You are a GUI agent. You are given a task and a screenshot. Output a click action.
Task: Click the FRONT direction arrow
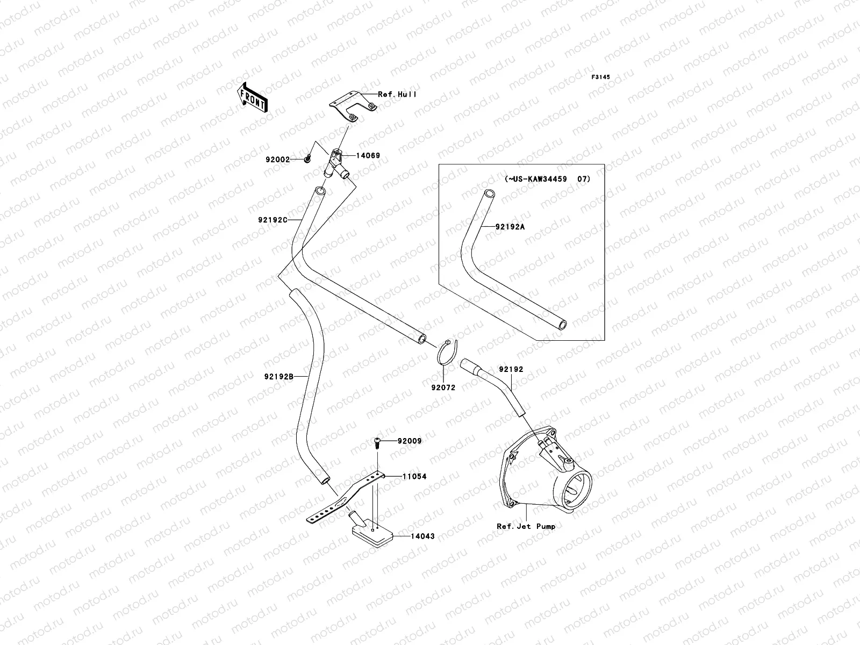click(x=253, y=97)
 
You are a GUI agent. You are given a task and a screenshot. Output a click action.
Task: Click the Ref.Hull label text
click(x=397, y=95)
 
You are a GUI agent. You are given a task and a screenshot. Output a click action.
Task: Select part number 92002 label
click(x=277, y=160)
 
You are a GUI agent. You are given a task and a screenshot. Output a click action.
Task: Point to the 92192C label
click(x=276, y=220)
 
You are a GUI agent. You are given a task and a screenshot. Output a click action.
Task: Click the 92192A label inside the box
click(x=510, y=227)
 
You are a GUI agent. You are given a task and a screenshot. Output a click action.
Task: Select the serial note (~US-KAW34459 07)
click(x=547, y=179)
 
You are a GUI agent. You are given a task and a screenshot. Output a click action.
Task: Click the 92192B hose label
click(x=278, y=377)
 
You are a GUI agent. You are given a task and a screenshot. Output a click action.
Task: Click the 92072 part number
click(x=443, y=387)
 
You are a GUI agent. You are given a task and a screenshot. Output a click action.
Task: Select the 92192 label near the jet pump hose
click(x=511, y=370)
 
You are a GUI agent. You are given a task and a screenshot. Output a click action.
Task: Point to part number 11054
click(x=413, y=477)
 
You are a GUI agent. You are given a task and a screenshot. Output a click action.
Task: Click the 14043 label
click(x=422, y=536)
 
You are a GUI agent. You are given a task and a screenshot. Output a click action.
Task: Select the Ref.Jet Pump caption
click(x=526, y=526)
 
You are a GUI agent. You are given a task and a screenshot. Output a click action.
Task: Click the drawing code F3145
click(x=601, y=77)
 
